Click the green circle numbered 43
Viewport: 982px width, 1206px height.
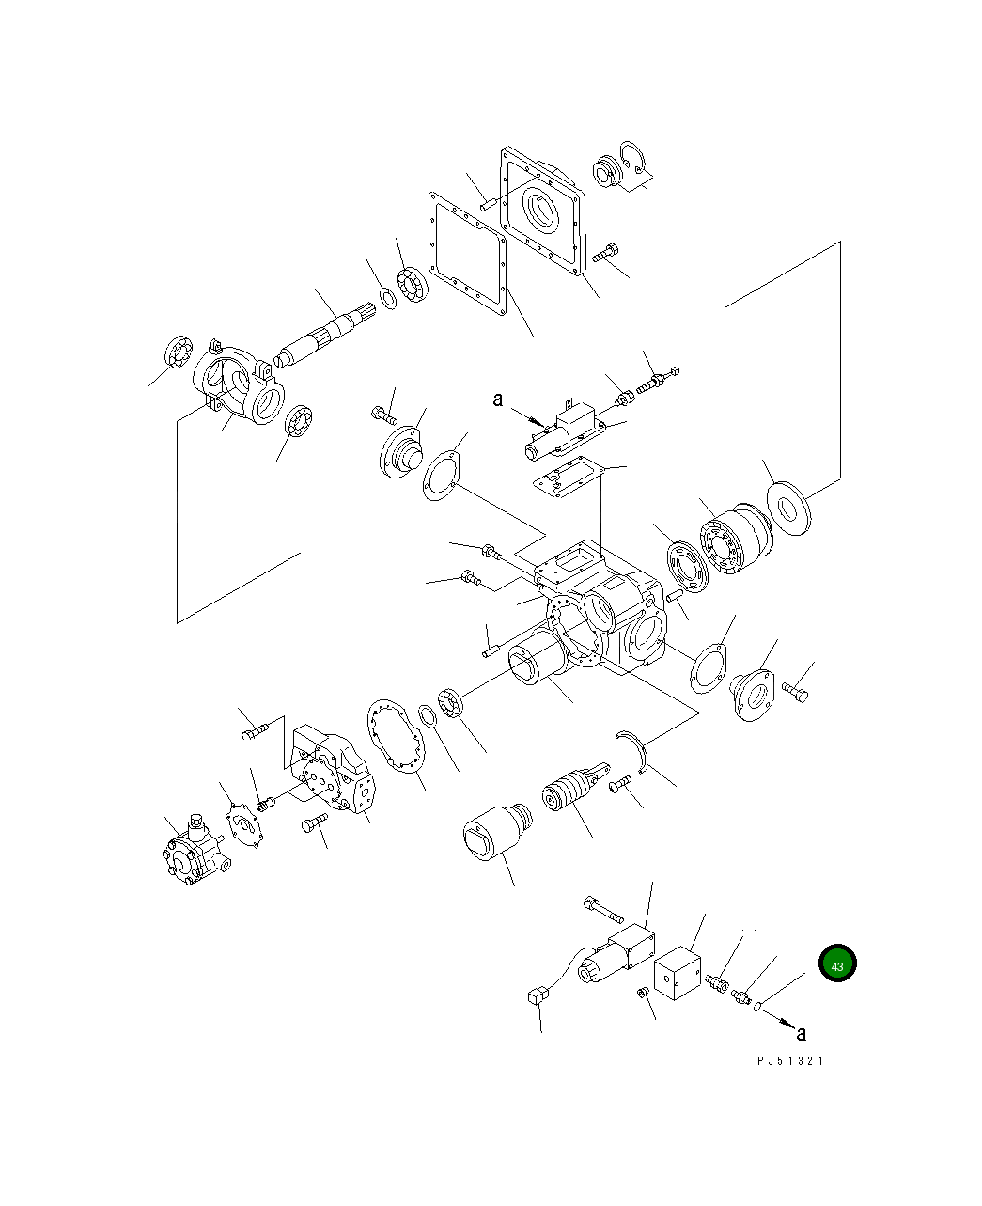(x=837, y=964)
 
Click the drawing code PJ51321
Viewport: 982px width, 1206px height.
(x=790, y=1061)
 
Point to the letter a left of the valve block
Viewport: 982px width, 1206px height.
(x=499, y=399)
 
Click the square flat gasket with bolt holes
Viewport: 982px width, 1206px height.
(x=468, y=253)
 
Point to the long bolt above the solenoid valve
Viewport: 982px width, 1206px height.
(x=603, y=910)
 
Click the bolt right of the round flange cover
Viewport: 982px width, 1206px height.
(x=794, y=694)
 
